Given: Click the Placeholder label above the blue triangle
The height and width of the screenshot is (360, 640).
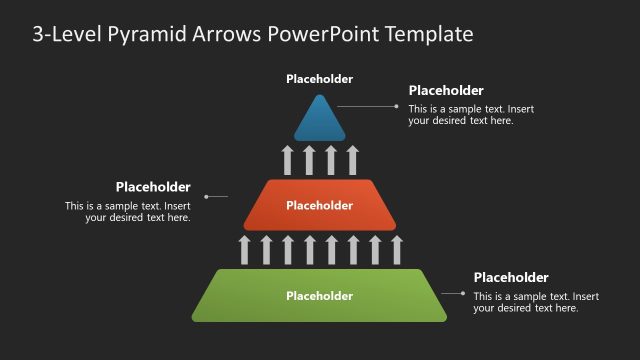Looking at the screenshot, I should (319, 79).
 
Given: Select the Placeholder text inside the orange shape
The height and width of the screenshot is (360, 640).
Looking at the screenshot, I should (319, 206).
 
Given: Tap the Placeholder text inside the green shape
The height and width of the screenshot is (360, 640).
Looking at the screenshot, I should (319, 296).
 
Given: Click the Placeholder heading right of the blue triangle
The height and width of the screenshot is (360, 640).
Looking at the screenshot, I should (446, 90).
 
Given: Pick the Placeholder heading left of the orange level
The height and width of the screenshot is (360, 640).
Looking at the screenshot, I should (153, 186).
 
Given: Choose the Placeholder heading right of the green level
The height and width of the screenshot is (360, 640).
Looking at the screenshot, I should (511, 277).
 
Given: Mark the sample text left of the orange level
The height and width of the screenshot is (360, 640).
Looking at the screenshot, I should (128, 211).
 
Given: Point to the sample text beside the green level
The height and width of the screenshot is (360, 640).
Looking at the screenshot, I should (536, 302).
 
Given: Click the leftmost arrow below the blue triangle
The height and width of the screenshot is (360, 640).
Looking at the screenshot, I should (287, 160).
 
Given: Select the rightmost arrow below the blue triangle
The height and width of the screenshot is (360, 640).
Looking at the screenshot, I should (352, 160).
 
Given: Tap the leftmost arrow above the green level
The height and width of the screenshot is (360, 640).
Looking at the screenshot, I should (244, 250).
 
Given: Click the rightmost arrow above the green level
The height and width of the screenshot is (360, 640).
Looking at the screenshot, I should (396, 250).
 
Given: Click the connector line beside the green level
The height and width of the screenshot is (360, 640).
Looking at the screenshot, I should (454, 293).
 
